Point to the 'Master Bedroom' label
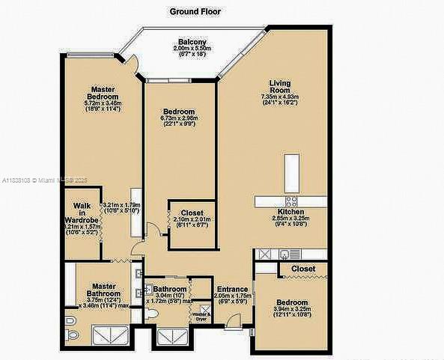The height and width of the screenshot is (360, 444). point(103,93)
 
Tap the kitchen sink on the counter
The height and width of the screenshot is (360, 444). point(285,254)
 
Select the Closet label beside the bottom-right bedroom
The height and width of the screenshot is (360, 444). point(302,268)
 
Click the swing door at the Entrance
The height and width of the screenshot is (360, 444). point(234,321)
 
